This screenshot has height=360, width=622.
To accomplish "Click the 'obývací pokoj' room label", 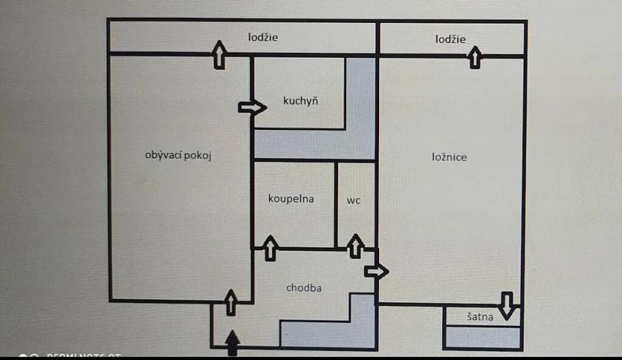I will click(x=178, y=155).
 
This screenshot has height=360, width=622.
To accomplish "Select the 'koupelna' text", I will click(x=291, y=198).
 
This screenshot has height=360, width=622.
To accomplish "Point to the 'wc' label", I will click(x=354, y=200).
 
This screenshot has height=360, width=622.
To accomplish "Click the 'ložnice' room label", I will click(x=450, y=157).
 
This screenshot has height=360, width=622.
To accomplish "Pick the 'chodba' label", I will click(x=304, y=288).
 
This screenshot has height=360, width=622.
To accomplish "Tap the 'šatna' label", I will click(x=479, y=316).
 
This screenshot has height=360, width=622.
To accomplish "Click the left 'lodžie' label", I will click(x=263, y=37).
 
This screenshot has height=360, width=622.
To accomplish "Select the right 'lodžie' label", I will click(x=450, y=39).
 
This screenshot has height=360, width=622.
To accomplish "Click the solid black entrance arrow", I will click(x=232, y=343).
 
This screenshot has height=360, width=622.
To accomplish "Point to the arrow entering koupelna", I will click(x=270, y=248).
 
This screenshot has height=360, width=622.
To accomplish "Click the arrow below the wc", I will click(x=354, y=247).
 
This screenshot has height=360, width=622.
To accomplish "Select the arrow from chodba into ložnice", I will click(x=376, y=271).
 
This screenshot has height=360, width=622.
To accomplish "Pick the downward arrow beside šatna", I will click(x=506, y=305).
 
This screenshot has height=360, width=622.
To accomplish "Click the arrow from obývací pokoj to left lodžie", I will click(x=220, y=54).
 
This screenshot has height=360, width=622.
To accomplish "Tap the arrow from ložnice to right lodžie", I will click(x=475, y=56).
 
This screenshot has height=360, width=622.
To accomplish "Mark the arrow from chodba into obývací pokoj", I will click(x=231, y=302).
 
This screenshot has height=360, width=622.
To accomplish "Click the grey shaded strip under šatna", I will click(x=483, y=337).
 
